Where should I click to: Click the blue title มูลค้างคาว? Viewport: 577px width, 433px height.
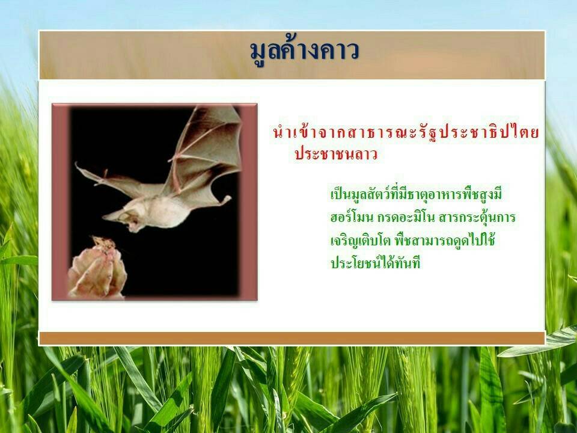coord(304,52)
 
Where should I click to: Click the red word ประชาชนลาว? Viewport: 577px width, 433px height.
coord(336,154)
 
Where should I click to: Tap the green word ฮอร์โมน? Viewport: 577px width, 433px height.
coord(352,217)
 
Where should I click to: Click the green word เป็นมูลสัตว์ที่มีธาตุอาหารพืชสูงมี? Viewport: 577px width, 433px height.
coord(416,194)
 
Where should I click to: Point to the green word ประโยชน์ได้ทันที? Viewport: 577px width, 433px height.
coord(375,263)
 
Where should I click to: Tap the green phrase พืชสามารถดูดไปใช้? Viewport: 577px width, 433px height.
coord(445,240)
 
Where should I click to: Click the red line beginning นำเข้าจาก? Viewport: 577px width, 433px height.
coord(406,132)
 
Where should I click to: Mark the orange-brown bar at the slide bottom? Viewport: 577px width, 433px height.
coord(292,338)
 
